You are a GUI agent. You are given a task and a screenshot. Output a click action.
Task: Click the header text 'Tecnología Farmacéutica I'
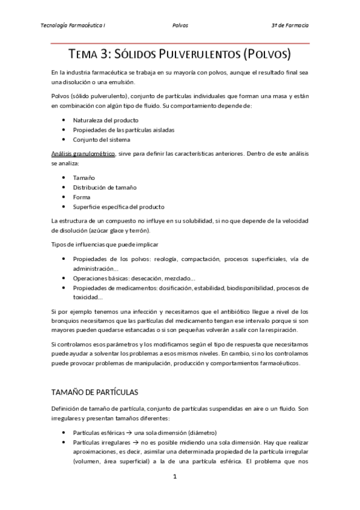click(x=73, y=26)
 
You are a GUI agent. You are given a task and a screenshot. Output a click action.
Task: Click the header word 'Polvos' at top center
click(x=180, y=26)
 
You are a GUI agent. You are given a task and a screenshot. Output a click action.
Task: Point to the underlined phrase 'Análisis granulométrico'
click(x=84, y=154)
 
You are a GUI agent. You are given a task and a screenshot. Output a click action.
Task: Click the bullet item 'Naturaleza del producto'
click(x=105, y=120)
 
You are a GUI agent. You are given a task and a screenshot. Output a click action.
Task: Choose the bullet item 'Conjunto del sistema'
click(x=101, y=140)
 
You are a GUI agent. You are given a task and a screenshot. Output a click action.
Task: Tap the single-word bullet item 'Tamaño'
click(x=84, y=177)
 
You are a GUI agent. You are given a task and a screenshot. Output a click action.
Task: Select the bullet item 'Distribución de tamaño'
click(x=105, y=187)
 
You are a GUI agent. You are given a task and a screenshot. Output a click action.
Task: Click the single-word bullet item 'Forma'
click(x=82, y=197)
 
